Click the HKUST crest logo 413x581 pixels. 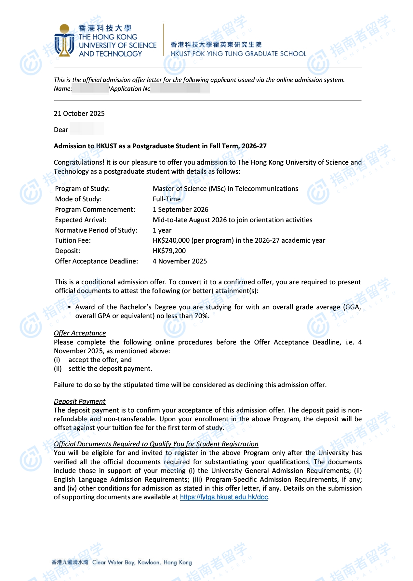coord(64,41)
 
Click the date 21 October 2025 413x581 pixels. coord(79,114)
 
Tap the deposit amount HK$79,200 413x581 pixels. coord(169,251)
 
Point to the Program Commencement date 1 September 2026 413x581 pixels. coord(180,209)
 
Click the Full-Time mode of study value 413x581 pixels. coord(167,199)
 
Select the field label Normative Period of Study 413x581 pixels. coord(96,230)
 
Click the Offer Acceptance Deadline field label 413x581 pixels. coord(96,261)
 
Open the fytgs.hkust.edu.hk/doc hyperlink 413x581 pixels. coord(224,497)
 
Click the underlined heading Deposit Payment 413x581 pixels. coord(80,401)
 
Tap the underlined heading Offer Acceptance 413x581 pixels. coord(80,333)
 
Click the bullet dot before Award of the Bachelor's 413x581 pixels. coord(69,307)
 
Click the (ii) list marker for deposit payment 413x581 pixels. coord(58,369)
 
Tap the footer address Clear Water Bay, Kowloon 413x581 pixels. coord(142,562)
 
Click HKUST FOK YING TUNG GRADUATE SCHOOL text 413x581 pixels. coord(238,54)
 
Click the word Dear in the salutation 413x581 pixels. coord(61,130)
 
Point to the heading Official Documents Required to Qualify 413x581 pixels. coord(156,444)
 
